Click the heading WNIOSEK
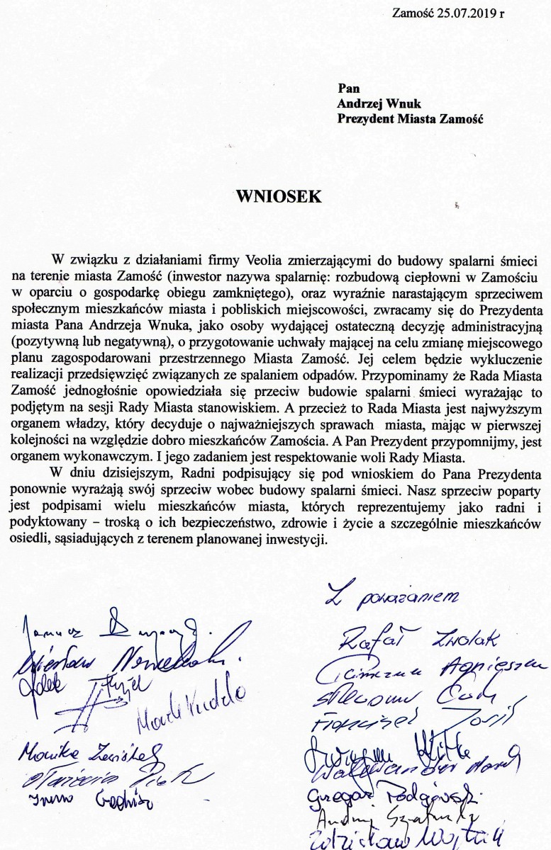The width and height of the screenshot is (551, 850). coord(279,196)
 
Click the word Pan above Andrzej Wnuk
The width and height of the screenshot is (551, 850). coord(347,88)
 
